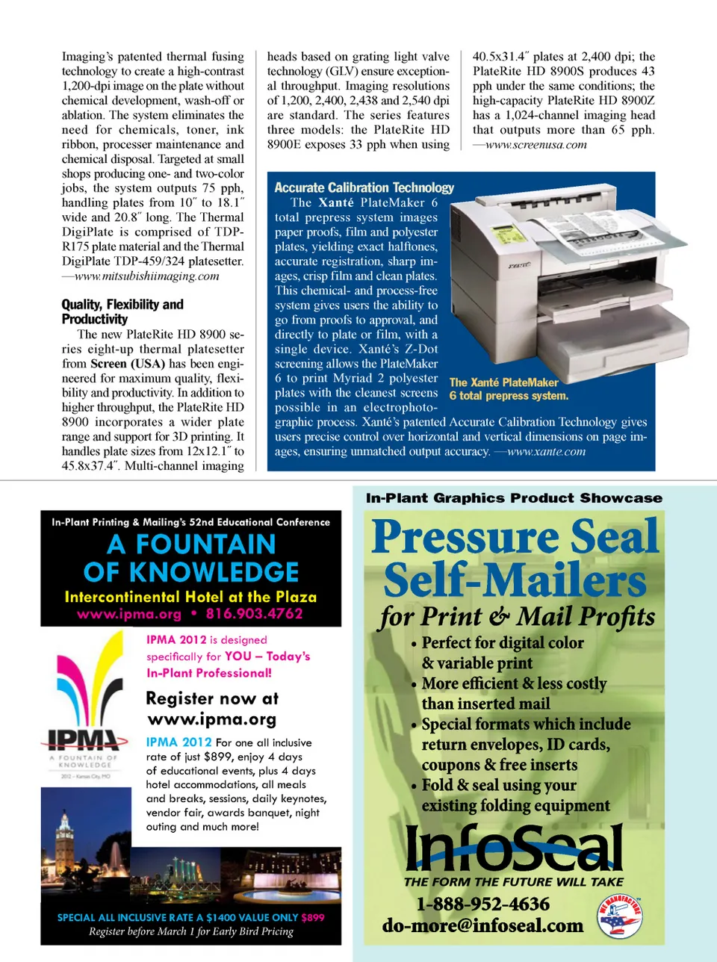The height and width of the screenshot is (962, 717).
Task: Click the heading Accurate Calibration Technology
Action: (364, 187)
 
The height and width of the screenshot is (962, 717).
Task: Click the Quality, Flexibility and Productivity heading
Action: (122, 311)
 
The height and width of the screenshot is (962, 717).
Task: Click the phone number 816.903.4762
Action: (254, 614)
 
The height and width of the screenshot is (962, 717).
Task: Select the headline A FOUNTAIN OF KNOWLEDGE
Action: (191, 558)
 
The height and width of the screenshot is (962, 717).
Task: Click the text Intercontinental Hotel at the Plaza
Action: (190, 597)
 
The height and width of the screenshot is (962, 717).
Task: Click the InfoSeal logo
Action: (515, 847)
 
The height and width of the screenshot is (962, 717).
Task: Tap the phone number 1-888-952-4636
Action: (482, 904)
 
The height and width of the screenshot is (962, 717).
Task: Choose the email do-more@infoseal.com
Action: (482, 925)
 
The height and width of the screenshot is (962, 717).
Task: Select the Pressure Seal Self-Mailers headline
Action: (515, 558)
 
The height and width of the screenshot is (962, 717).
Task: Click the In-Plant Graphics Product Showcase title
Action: (514, 498)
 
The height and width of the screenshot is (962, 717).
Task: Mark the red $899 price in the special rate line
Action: (313, 917)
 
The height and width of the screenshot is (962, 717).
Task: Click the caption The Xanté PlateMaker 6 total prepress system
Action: (509, 389)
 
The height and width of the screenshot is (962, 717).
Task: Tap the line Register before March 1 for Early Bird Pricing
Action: (190, 931)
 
